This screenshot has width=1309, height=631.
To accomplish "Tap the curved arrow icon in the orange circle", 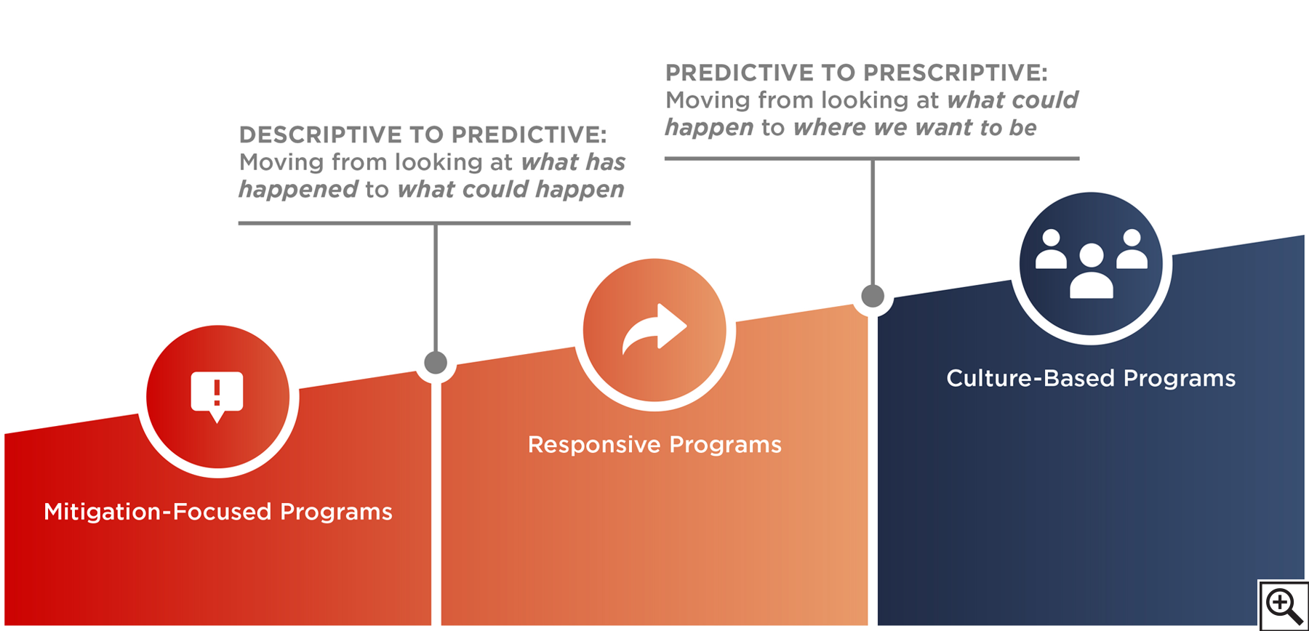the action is click(x=654, y=329).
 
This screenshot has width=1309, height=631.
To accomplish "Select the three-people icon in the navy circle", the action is click(x=1091, y=263).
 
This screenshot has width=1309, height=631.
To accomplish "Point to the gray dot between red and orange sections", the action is click(x=436, y=362).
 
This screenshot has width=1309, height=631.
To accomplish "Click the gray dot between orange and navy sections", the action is click(x=873, y=296).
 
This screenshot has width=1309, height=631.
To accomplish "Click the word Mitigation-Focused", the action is click(x=158, y=513).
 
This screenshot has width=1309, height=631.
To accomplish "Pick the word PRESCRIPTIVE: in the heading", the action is click(x=955, y=73).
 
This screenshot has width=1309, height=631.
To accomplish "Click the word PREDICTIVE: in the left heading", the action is click(x=529, y=134).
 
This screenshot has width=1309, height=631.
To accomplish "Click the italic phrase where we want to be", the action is click(x=915, y=128).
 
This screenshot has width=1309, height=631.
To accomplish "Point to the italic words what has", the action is click(x=573, y=162).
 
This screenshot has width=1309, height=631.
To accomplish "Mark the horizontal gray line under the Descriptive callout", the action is click(x=434, y=223).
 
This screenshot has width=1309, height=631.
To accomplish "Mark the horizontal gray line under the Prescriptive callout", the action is click(x=872, y=158).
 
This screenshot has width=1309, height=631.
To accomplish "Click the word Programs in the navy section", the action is click(x=1180, y=379).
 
